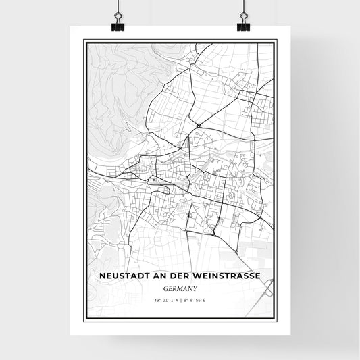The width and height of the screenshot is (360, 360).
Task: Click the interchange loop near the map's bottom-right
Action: coord(267,291)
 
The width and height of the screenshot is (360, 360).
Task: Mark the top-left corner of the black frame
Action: coord(83,40)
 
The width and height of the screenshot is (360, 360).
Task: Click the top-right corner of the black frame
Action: coord(277,40)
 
